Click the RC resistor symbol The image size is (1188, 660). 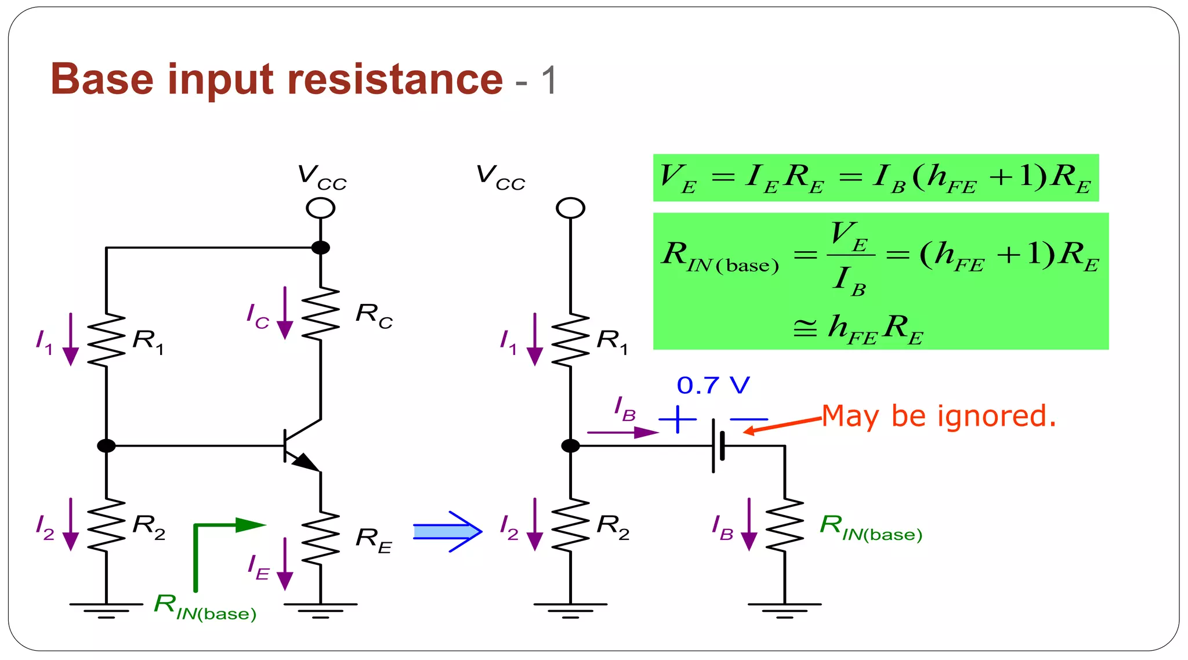tap(320, 314)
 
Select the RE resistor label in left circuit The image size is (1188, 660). tap(374, 540)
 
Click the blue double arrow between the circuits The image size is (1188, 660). tap(447, 531)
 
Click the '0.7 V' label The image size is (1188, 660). tap(713, 385)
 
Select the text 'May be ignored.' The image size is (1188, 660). tap(939, 416)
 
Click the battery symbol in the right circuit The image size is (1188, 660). tap(718, 446)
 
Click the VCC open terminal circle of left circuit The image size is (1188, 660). tap(320, 208)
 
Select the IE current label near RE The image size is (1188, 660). tap(259, 567)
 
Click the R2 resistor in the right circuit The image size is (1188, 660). tap(570, 525)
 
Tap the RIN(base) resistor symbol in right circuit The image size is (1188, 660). tap(784, 525)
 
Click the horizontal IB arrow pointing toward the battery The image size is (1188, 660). tap(622, 432)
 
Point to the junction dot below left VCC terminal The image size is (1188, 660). tap(320, 248)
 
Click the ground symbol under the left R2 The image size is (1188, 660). tap(106, 610)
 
